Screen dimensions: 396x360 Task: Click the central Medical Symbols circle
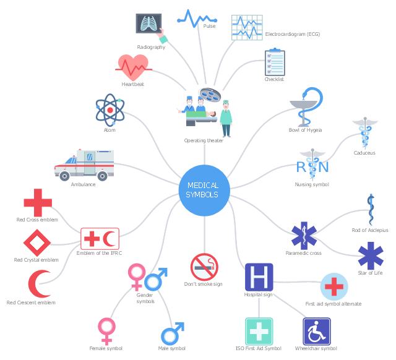click(x=204, y=190)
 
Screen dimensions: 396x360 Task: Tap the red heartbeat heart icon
click(x=134, y=67)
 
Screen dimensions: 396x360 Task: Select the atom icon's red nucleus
click(x=110, y=110)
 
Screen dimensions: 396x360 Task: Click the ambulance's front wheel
click(x=64, y=176)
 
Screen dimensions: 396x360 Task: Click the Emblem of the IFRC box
click(x=100, y=239)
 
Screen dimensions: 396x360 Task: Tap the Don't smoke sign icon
click(x=204, y=267)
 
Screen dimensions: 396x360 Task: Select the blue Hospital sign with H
click(x=259, y=277)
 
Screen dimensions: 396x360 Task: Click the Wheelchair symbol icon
click(x=316, y=332)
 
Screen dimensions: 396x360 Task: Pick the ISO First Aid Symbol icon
click(x=259, y=332)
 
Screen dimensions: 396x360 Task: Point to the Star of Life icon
click(x=371, y=255)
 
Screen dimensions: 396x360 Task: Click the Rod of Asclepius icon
click(x=371, y=210)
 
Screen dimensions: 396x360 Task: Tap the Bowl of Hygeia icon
click(x=306, y=107)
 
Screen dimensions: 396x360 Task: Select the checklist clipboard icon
click(x=275, y=62)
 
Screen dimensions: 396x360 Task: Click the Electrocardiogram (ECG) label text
click(x=293, y=34)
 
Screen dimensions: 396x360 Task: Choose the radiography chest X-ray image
click(x=148, y=24)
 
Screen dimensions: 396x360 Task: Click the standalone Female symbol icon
click(x=106, y=332)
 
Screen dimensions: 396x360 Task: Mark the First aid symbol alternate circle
click(x=334, y=286)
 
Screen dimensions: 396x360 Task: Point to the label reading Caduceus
click(x=364, y=153)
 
